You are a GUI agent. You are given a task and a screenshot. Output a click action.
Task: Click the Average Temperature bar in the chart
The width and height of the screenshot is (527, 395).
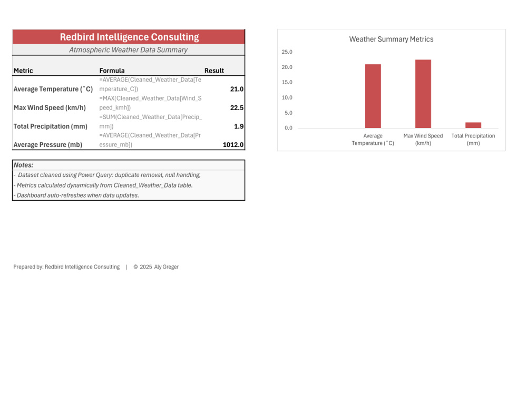(x=373, y=96)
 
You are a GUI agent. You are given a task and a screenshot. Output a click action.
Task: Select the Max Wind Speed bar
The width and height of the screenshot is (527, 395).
(x=423, y=94)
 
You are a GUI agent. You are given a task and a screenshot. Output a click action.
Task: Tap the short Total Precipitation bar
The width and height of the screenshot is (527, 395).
(x=473, y=125)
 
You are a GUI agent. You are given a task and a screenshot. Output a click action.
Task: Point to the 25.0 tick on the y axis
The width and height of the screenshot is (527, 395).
(x=287, y=52)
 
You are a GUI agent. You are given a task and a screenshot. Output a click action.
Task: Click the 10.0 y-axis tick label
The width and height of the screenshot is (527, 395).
(x=287, y=97)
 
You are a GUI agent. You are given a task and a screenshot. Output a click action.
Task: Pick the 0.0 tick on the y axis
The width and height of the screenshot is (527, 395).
(x=288, y=127)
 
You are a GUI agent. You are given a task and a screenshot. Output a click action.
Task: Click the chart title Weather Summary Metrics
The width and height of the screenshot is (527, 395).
(x=391, y=39)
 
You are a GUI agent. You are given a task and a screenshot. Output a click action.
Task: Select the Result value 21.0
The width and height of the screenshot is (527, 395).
(x=237, y=89)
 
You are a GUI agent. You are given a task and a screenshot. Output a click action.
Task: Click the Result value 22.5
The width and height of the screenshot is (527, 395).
(x=237, y=108)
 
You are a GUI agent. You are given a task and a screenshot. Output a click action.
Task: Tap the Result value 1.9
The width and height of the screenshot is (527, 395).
(x=239, y=126)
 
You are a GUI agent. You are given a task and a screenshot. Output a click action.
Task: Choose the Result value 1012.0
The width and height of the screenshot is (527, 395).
(x=233, y=145)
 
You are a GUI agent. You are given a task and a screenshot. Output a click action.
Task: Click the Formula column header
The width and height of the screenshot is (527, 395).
(x=112, y=71)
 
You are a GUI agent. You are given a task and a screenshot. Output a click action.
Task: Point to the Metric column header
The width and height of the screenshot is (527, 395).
(x=23, y=71)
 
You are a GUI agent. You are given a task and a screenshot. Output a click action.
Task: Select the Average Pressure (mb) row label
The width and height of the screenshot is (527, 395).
(x=48, y=145)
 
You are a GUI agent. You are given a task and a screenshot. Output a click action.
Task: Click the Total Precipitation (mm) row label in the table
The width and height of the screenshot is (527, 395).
(x=51, y=126)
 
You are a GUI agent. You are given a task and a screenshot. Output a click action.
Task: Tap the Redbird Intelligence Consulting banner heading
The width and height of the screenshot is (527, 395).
(x=130, y=37)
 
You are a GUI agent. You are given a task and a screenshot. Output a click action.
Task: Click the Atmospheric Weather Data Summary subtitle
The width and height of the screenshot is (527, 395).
(x=129, y=50)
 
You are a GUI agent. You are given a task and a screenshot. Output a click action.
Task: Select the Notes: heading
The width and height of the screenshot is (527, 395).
(x=24, y=165)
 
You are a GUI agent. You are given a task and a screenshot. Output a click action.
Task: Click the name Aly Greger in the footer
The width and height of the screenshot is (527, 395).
(x=167, y=266)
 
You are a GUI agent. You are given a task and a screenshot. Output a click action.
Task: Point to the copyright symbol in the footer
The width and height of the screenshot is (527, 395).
(x=136, y=266)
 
